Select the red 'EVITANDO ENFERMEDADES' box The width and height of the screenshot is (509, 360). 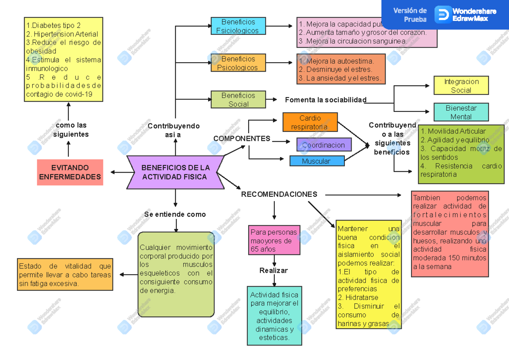(x=70, y=172)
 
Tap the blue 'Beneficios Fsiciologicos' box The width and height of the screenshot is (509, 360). (x=238, y=26)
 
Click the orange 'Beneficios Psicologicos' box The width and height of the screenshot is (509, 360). (x=238, y=63)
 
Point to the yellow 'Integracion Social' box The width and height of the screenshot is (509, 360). (x=461, y=85)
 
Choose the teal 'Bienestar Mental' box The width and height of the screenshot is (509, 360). (x=461, y=112)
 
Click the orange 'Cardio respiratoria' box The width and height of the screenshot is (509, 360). (x=310, y=122)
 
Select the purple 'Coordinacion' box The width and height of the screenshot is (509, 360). (x=324, y=145)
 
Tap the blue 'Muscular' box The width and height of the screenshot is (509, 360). (x=316, y=161)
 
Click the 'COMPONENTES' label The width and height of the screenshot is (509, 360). (x=242, y=139)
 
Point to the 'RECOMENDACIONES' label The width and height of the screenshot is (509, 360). (x=279, y=194)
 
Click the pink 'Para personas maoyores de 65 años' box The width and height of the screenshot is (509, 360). (x=274, y=240)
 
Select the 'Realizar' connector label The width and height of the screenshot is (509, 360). (x=274, y=271)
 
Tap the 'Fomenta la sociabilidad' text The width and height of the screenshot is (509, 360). (x=325, y=100)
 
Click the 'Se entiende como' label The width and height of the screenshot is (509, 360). (x=175, y=214)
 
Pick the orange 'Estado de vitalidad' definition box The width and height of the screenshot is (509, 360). (x=65, y=274)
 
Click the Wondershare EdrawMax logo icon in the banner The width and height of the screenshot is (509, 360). (x=443, y=14)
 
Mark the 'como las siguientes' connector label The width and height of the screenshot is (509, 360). (x=71, y=129)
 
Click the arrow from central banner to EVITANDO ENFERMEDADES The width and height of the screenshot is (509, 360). (x=119, y=172)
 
